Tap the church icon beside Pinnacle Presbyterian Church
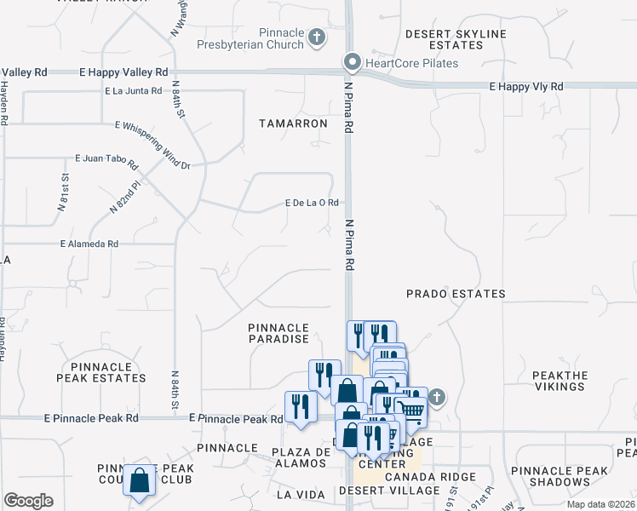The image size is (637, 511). click(317, 37)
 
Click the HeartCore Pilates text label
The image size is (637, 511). click(412, 63)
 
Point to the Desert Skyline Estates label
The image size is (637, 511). click(455, 39)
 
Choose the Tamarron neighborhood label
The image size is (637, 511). click(293, 123)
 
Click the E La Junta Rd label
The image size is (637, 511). click(134, 90)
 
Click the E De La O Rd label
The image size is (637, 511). click(312, 203)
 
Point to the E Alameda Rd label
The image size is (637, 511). click(89, 244)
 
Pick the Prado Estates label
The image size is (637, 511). click(456, 294)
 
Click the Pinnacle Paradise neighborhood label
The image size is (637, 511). click(278, 333)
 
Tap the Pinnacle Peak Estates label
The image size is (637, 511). click(101, 372)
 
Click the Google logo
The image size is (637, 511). click(28, 501)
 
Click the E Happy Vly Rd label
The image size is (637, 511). click(525, 87)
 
